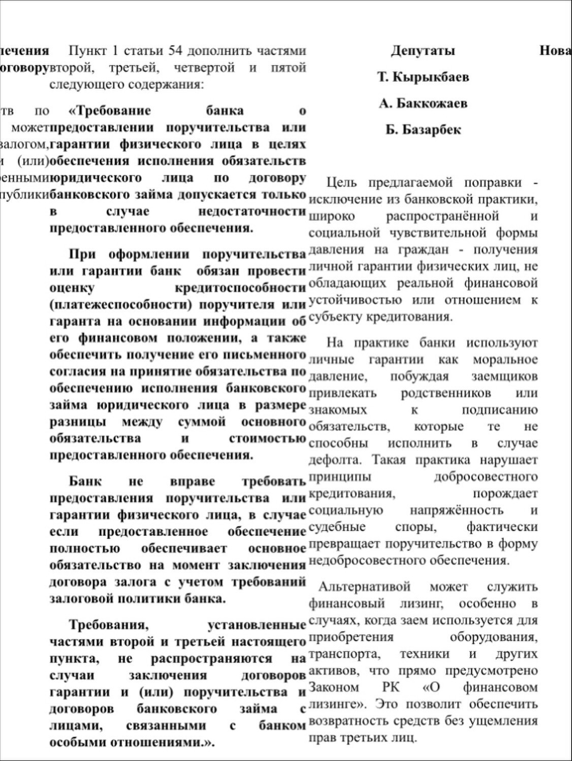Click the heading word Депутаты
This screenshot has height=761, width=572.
pos(423,51)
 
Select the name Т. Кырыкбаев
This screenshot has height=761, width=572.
pos(423,77)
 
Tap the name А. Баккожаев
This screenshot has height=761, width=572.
pos(423,104)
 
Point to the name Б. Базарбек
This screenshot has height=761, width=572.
pos(423,130)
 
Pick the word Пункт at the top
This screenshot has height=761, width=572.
pos(86,51)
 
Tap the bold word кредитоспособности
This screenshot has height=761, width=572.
pos(240,288)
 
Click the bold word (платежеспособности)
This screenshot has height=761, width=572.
pos(120,305)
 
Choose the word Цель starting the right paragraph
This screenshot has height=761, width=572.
pos(341,182)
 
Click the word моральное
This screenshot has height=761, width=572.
pos(505,360)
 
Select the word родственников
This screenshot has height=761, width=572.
pos(446,393)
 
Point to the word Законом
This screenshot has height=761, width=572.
pos(333,688)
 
